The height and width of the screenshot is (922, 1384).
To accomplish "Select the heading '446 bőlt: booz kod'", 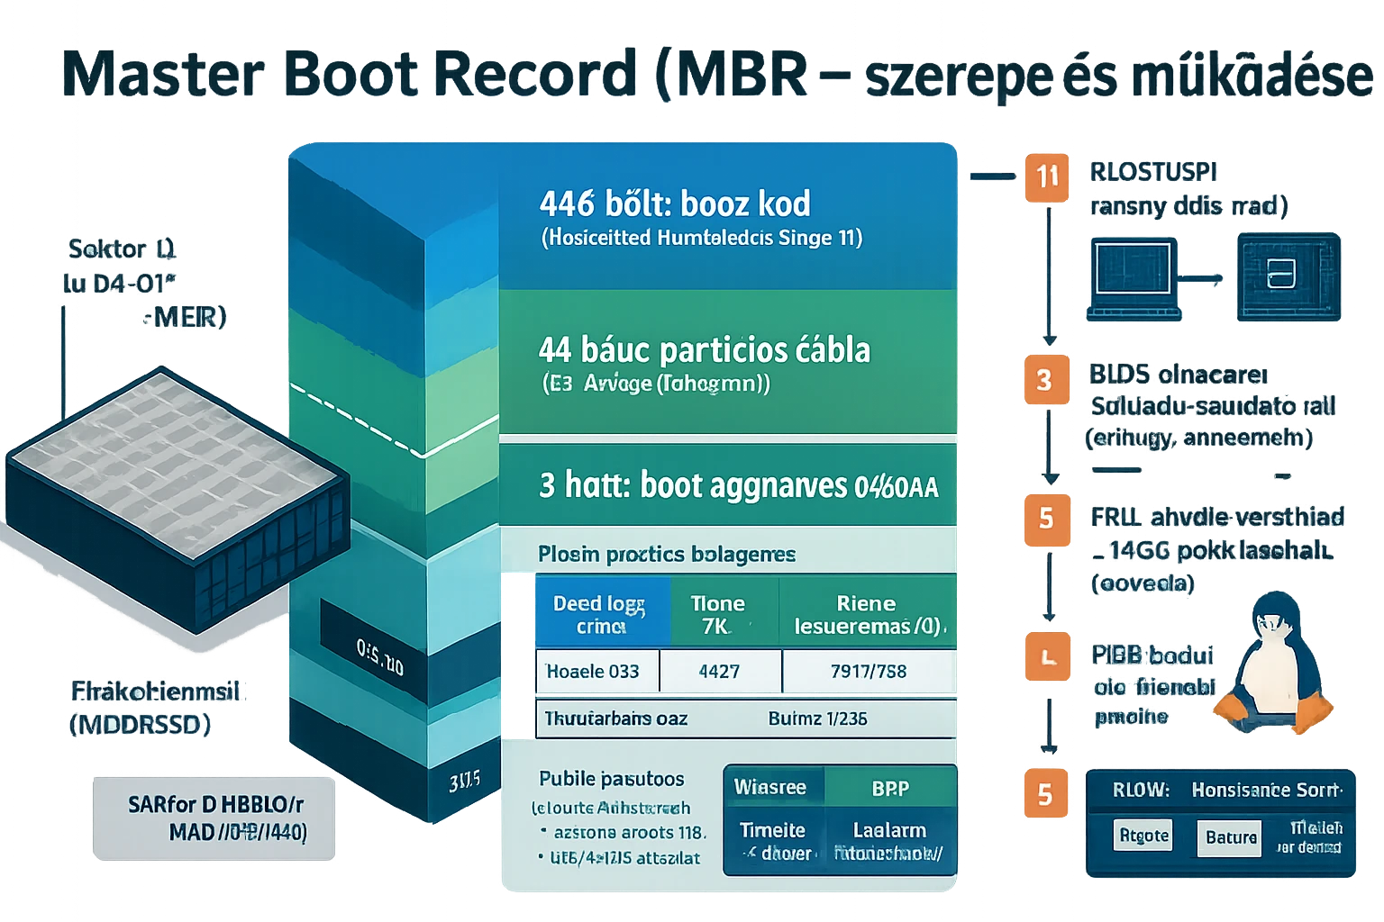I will pos(674,203).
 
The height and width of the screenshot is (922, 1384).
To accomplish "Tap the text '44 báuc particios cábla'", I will pos(704,349).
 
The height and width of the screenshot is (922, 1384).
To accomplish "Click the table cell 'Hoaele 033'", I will pos(593,672).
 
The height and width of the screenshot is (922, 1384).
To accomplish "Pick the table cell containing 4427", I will pos(719,672).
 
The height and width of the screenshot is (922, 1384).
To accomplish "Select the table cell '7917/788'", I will pos(868,672).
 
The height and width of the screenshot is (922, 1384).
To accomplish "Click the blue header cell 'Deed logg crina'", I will pos(600,614).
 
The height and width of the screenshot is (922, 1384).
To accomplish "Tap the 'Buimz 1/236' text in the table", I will pos(817,719).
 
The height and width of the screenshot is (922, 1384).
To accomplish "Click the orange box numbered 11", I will pos(1046,176).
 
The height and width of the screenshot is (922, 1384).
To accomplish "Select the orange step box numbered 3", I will pos(1044,380).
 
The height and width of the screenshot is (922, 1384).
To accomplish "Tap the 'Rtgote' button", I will pos(1143,836).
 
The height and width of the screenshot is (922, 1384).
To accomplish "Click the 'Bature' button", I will pos(1230,837).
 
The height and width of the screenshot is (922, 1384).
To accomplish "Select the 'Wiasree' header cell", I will pos(770,787).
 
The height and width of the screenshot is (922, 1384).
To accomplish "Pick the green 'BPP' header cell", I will pos(889,789).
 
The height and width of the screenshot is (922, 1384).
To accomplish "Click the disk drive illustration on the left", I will pos(177,495).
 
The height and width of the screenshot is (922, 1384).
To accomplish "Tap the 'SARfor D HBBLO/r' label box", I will pos(214,818).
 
